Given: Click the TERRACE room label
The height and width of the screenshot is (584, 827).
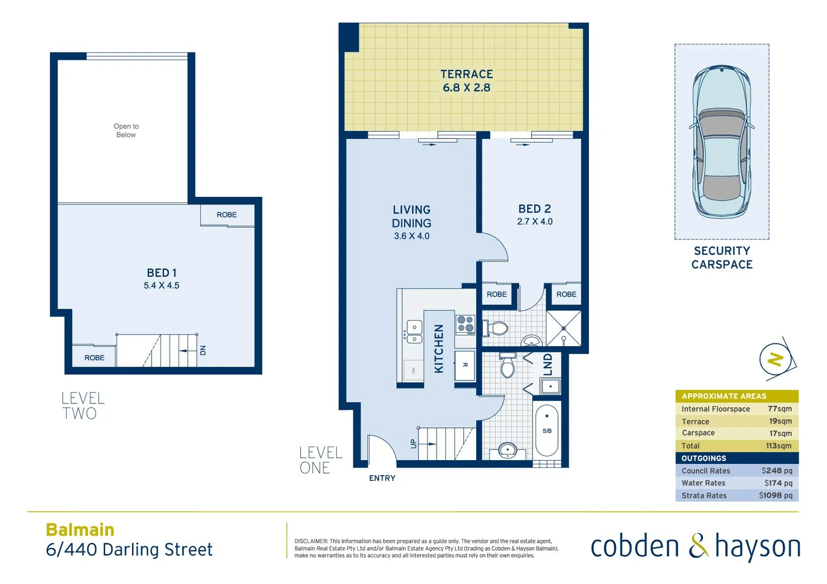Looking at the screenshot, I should (x=466, y=74).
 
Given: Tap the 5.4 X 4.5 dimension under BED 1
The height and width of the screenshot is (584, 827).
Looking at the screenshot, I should (x=161, y=286).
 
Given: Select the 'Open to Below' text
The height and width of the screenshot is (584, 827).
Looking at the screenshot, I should (x=126, y=130).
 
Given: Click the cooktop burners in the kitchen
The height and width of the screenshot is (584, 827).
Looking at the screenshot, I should (x=465, y=324).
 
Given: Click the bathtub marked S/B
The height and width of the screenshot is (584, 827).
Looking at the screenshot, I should (x=547, y=431).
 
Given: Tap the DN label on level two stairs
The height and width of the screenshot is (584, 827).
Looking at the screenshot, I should (x=203, y=350).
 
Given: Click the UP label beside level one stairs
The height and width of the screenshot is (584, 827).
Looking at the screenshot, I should (x=413, y=443).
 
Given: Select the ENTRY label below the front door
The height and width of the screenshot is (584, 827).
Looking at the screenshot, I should (x=382, y=478).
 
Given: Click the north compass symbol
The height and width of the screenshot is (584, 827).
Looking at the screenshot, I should (x=776, y=360).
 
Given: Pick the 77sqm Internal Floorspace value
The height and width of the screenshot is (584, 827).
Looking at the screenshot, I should (x=779, y=409).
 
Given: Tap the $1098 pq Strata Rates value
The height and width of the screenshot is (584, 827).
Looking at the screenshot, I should (x=775, y=495).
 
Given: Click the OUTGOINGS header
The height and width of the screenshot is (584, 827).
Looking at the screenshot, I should (x=704, y=458).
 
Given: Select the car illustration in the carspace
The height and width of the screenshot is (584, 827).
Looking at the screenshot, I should (x=721, y=142).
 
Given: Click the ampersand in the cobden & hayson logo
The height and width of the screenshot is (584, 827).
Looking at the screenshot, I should (x=698, y=546).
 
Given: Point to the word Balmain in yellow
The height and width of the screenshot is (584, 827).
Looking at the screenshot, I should (x=80, y=529).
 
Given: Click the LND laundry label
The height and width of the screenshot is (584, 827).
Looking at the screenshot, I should (x=548, y=364).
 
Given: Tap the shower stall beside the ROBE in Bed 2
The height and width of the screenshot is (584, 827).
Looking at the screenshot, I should (x=563, y=328).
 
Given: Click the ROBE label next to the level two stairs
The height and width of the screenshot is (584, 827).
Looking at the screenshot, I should (x=94, y=357).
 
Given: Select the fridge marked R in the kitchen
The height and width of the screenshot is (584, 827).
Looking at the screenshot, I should (x=464, y=365).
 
